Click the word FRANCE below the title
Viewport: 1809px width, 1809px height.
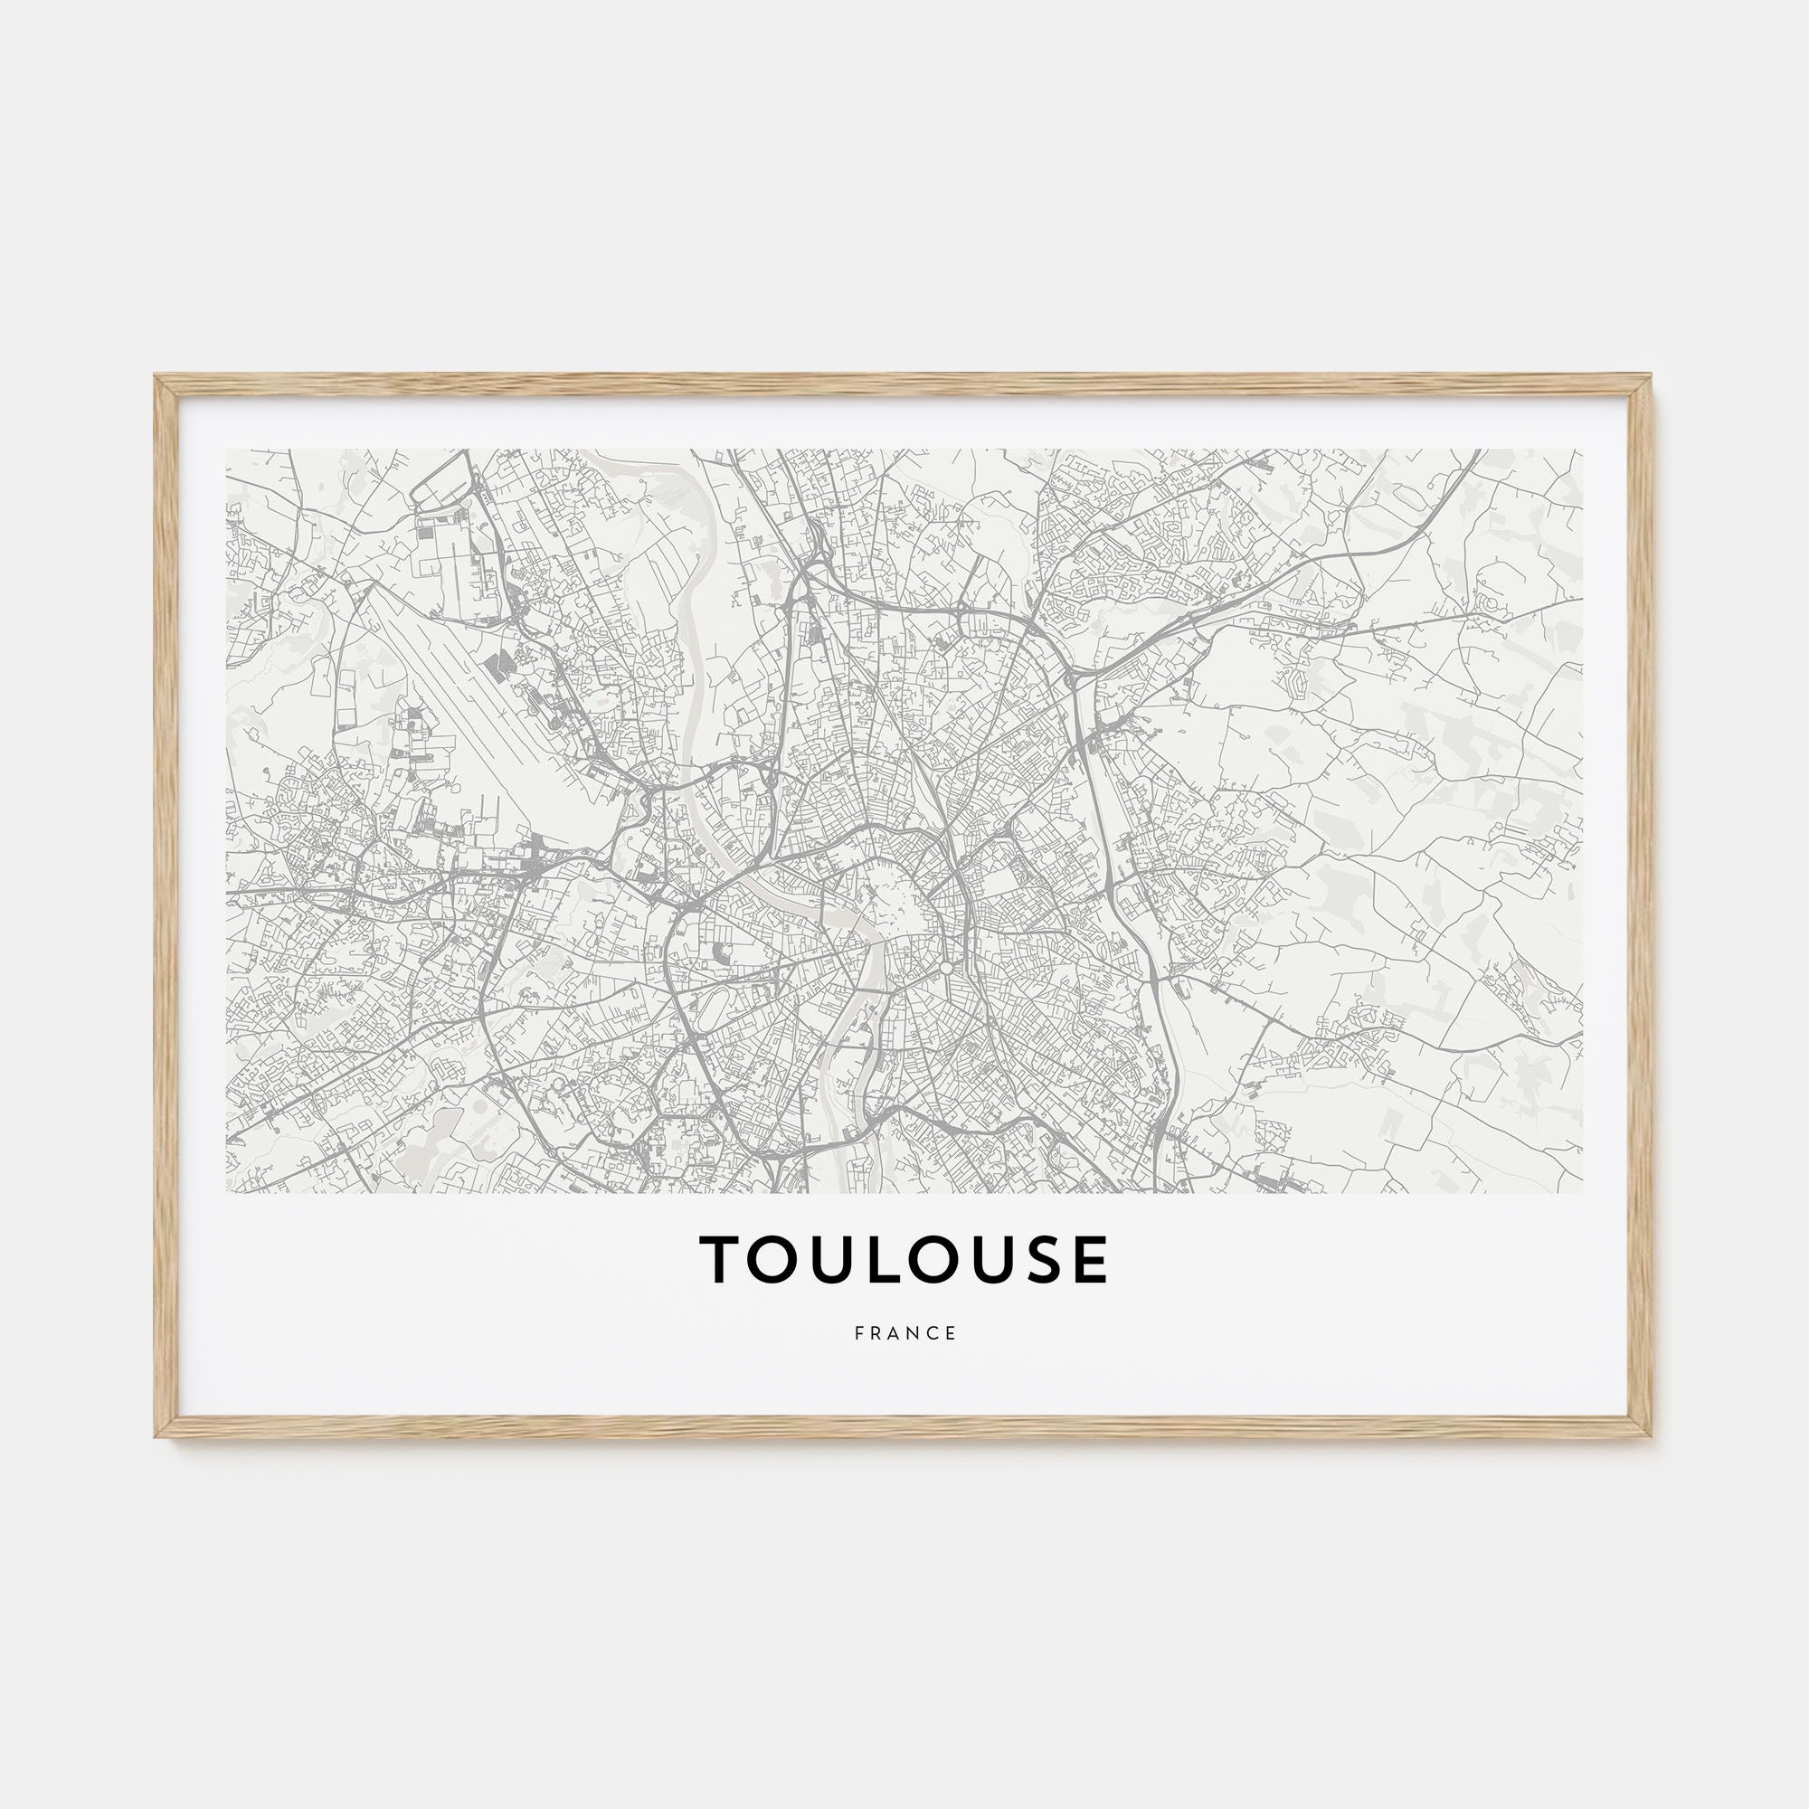(x=905, y=1333)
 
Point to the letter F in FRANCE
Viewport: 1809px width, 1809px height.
(x=858, y=1333)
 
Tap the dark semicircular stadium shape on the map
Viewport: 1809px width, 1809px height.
(x=720, y=952)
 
